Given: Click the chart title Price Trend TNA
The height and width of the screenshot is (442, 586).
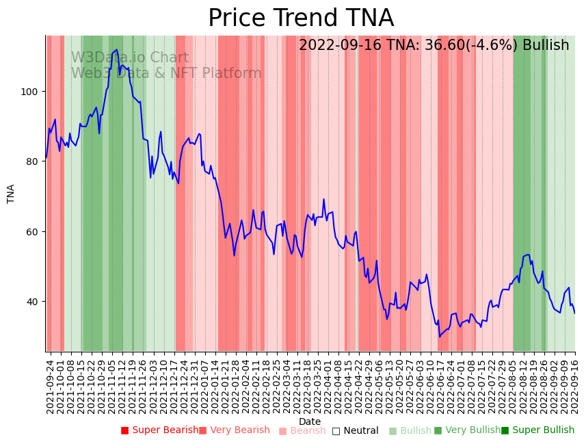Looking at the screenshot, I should [x=301, y=18].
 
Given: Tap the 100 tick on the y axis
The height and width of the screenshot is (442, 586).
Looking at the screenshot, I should [x=32, y=92].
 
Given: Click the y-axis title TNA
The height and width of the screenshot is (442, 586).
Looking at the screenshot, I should [x=11, y=194].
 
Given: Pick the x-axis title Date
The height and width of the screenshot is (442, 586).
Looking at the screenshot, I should [x=310, y=422].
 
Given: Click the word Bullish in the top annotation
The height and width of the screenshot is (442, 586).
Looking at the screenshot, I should [x=546, y=46].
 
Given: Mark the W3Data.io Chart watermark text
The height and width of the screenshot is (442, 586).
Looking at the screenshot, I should [x=130, y=58].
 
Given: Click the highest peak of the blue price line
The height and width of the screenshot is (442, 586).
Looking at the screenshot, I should [x=117, y=50].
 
